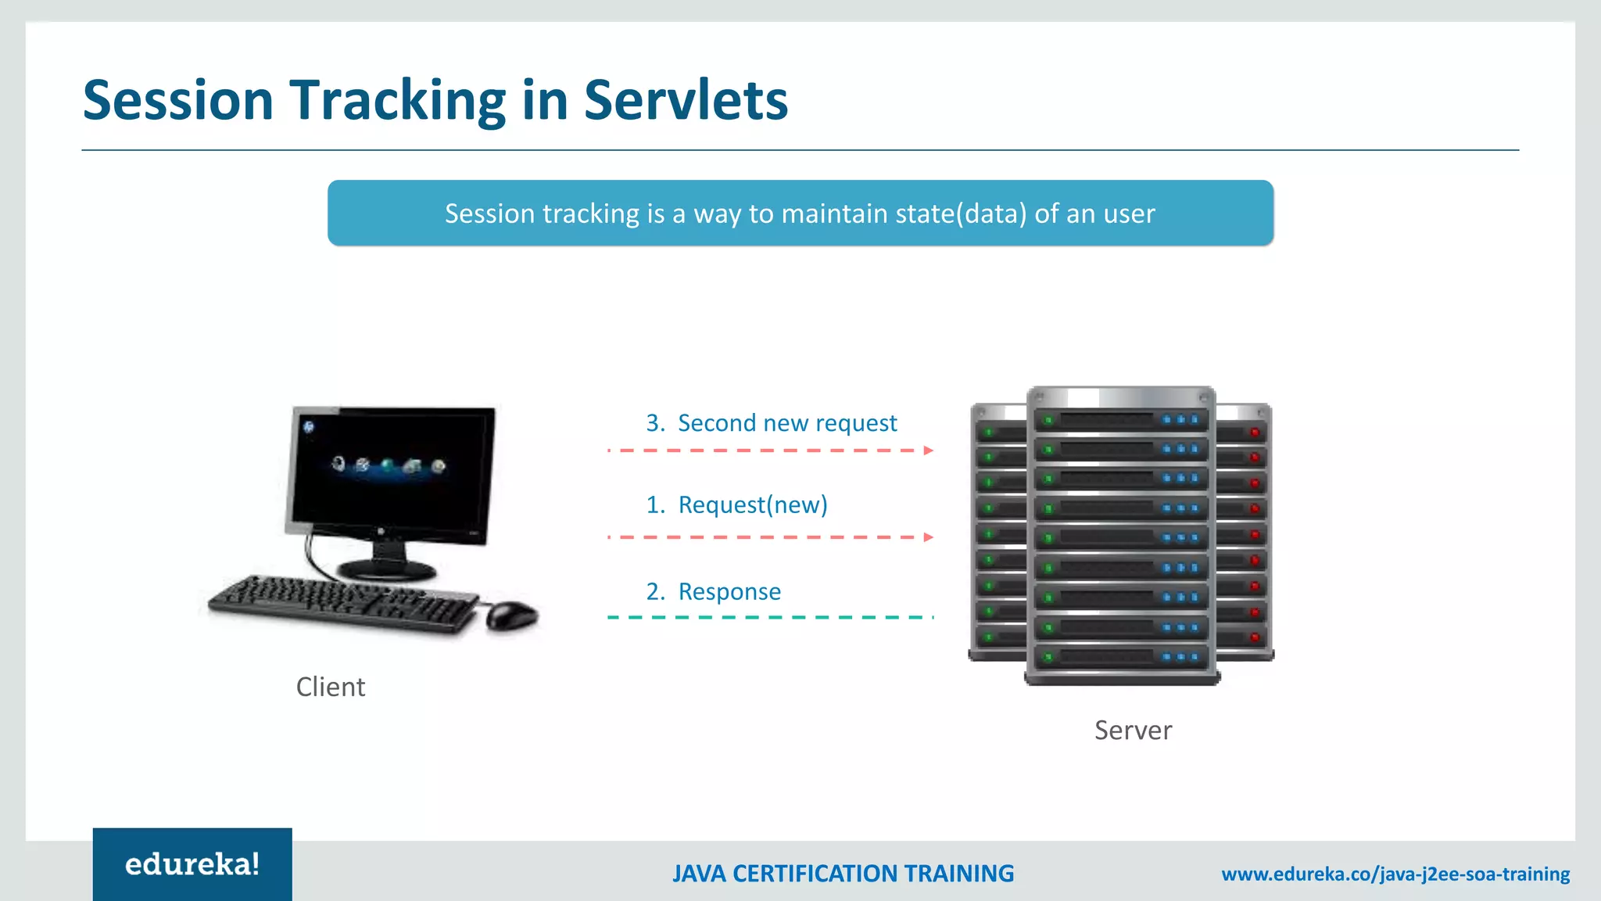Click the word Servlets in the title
click(x=686, y=100)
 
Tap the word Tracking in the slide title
click(x=399, y=102)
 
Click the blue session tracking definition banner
click(x=800, y=213)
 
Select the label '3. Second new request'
click(x=771, y=423)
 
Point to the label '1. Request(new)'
click(x=736, y=505)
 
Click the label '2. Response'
click(x=713, y=592)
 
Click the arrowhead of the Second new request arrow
click(x=929, y=450)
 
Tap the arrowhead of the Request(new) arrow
click(x=929, y=537)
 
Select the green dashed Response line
click(x=770, y=617)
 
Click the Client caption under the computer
click(x=330, y=687)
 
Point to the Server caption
click(x=1133, y=730)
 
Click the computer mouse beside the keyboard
click(x=512, y=615)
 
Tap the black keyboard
click(x=344, y=603)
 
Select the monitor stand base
click(x=385, y=569)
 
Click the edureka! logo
click(x=192, y=864)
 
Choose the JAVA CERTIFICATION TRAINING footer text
click(x=843, y=874)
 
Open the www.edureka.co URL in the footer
click(x=1395, y=874)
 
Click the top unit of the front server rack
click(x=1121, y=420)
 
